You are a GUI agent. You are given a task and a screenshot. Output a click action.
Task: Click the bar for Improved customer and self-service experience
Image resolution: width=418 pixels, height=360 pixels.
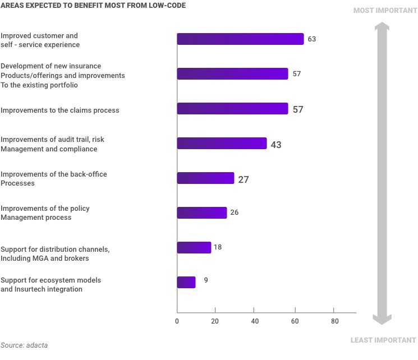tap(240, 39)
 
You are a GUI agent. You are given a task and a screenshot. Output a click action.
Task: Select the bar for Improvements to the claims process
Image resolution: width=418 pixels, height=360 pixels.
tap(232, 109)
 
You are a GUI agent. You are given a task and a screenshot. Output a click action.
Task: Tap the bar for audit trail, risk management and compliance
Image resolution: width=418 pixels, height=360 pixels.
tap(222, 144)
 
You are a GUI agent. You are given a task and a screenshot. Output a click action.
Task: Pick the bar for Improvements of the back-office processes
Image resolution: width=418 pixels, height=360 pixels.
tap(205, 178)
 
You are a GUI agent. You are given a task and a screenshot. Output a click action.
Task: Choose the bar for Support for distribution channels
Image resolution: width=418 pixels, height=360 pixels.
tap(194, 248)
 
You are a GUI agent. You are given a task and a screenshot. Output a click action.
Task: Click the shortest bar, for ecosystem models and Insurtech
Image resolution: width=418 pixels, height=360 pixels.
tap(186, 283)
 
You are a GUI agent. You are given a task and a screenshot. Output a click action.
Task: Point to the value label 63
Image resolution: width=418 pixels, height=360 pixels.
tap(312, 39)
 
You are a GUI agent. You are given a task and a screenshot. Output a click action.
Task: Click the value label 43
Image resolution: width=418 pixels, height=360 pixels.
tap(276, 145)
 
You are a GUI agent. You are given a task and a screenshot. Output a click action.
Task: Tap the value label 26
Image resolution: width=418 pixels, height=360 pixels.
tap(235, 213)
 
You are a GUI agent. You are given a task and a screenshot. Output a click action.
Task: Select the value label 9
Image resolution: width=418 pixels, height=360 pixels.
tap(206, 279)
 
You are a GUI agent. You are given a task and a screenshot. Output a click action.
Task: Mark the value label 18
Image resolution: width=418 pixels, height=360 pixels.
tap(218, 247)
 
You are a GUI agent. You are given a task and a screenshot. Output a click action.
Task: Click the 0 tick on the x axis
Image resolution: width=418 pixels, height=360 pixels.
tap(177, 321)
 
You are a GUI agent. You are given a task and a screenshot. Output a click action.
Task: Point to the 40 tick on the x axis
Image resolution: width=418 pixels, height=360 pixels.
tap(255, 321)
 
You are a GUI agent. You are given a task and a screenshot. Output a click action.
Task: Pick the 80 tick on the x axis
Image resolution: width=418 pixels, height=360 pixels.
tap(334, 321)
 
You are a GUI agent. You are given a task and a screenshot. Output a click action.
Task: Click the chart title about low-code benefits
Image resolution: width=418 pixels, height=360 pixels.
tap(93, 6)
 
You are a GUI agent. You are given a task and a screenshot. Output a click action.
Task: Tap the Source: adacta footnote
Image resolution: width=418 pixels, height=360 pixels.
tap(24, 345)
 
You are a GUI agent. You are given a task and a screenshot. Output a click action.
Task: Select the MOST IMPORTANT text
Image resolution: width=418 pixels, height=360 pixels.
tap(384, 11)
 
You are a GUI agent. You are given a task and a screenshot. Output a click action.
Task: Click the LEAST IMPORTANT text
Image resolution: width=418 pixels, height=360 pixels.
tap(383, 340)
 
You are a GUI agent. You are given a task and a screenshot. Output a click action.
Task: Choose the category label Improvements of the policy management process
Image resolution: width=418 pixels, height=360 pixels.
tap(45, 213)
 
